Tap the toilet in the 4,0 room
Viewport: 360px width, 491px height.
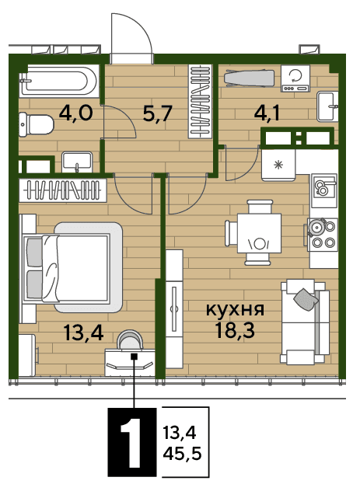(36, 124)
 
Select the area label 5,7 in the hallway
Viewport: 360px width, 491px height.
(157, 113)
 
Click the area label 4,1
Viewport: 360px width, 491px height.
(267, 113)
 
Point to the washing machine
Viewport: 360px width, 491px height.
(295, 78)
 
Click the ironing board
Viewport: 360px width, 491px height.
(250, 78)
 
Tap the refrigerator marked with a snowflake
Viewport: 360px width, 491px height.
(278, 164)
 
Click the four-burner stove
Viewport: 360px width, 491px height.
(323, 234)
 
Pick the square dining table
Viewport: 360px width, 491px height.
(259, 233)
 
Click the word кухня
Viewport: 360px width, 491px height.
(235, 310)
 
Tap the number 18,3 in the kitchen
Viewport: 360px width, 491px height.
(235, 329)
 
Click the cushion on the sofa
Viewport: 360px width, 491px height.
(306, 299)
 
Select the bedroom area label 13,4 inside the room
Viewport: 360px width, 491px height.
(83, 333)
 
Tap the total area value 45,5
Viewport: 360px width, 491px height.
(182, 454)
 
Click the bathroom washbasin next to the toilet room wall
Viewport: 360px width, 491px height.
(77, 162)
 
